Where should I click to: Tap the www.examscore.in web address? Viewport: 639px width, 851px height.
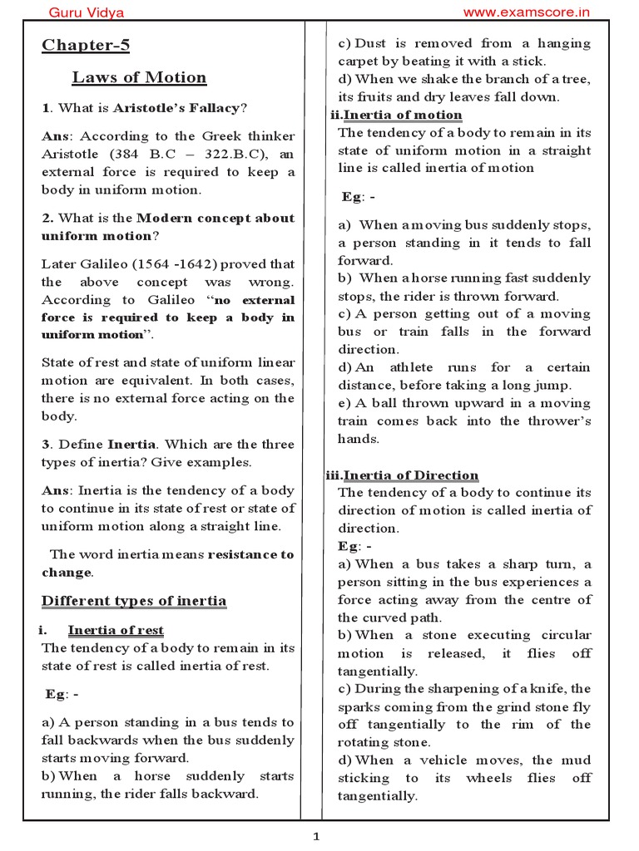coord(526,12)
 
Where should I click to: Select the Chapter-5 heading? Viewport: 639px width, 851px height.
coord(86,45)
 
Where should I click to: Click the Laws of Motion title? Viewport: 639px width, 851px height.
coord(139,78)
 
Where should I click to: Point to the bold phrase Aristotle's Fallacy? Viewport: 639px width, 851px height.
coord(176,108)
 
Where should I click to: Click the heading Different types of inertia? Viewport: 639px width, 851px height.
coord(134,601)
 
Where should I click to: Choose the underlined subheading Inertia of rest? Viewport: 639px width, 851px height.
coord(116,631)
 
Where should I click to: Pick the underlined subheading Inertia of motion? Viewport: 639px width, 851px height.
coord(403,115)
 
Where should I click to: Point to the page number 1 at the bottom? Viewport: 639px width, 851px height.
coord(316,837)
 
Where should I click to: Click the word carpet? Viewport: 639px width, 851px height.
coord(359,61)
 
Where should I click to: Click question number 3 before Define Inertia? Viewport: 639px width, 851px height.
coord(46,445)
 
